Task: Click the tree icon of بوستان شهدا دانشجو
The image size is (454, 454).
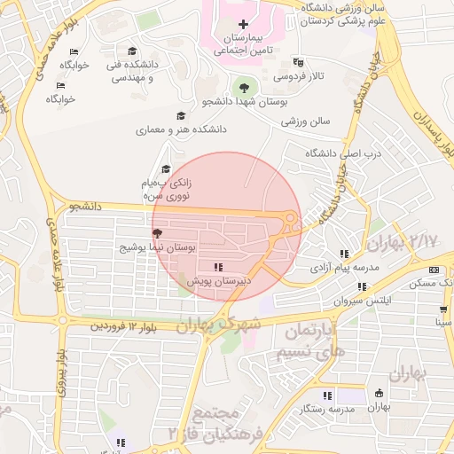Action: coord(243,87)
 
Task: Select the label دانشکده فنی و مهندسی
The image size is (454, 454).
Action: coord(131,71)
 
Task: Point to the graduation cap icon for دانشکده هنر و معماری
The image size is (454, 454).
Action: coord(181,115)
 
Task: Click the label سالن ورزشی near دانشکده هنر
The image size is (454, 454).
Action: coord(299,121)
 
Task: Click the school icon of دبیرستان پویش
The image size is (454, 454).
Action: coord(218,267)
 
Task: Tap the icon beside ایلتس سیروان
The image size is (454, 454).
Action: coord(361,286)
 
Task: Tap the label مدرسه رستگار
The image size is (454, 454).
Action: coord(327,409)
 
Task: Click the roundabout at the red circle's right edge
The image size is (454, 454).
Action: coord(290,219)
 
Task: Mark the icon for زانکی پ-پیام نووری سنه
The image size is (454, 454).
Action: coord(164,169)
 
